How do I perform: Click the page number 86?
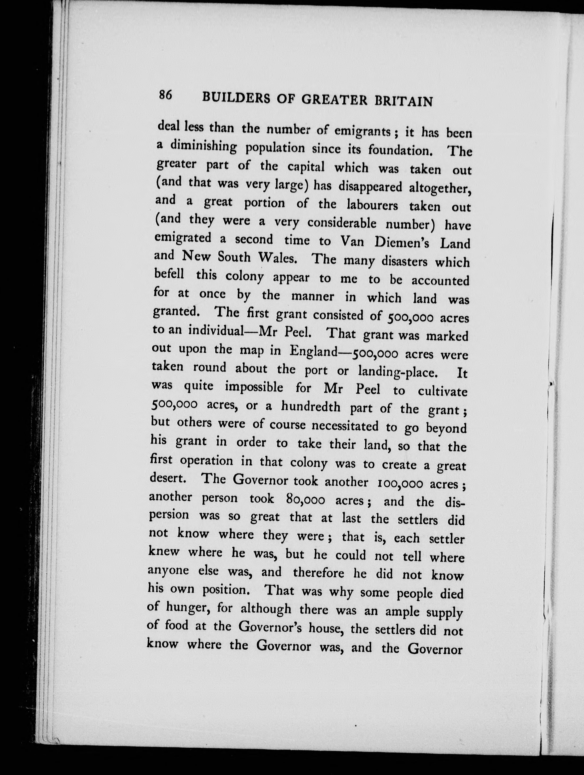165,95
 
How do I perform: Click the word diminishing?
203,147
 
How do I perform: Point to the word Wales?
278,258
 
